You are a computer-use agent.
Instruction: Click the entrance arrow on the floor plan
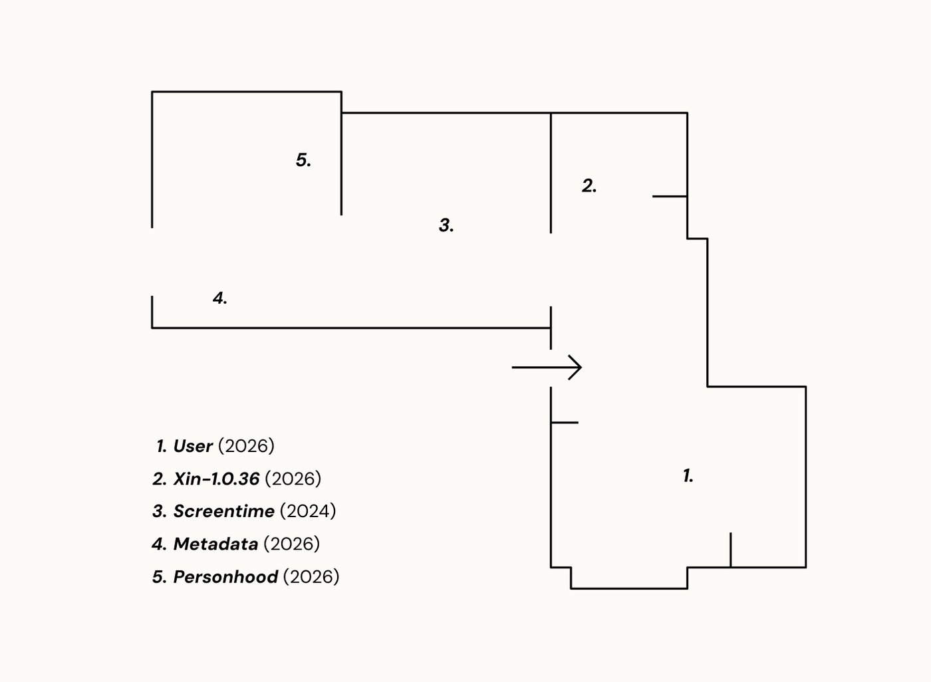[x=547, y=367]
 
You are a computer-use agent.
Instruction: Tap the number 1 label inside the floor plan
[x=688, y=475]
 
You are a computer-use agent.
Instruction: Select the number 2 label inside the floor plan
[x=589, y=185]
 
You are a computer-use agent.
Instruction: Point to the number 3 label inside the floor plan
[x=446, y=225]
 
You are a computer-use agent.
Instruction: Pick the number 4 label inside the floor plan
[x=219, y=298]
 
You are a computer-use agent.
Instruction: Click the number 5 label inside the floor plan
[x=303, y=160]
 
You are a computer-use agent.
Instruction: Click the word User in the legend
[x=193, y=445]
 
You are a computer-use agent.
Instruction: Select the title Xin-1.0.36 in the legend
[x=216, y=479]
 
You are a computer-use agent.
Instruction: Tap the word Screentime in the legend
[x=223, y=511]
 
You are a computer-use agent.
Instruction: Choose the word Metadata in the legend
[x=215, y=544]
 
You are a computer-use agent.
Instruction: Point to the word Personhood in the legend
[x=225, y=576]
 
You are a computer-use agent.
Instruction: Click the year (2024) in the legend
[x=307, y=511]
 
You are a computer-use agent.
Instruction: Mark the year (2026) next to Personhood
[x=311, y=576]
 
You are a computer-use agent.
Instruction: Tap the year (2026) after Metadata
[x=292, y=544]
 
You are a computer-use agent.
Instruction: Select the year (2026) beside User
[x=246, y=445]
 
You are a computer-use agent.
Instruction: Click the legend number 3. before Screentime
[x=160, y=511]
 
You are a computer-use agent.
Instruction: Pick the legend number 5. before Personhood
[x=160, y=577]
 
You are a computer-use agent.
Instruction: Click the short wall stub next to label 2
[x=670, y=196]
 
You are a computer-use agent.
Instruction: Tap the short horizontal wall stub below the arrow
[x=565, y=422]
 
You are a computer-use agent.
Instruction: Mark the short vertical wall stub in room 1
[x=731, y=550]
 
